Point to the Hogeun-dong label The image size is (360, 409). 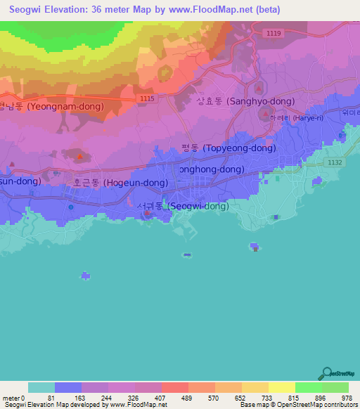pos(120,183)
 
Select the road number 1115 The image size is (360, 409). pos(147,99)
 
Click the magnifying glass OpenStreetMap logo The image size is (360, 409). pos(326,373)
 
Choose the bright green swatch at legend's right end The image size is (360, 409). pos(335,387)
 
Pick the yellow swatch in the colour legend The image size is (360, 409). pos(282,387)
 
